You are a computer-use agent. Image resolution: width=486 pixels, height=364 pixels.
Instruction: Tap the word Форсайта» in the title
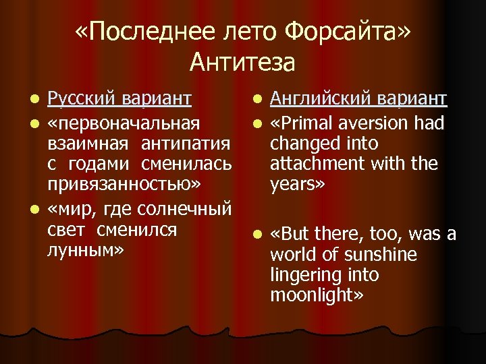point(348,31)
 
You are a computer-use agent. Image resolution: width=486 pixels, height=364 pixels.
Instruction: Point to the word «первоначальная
point(124,123)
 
